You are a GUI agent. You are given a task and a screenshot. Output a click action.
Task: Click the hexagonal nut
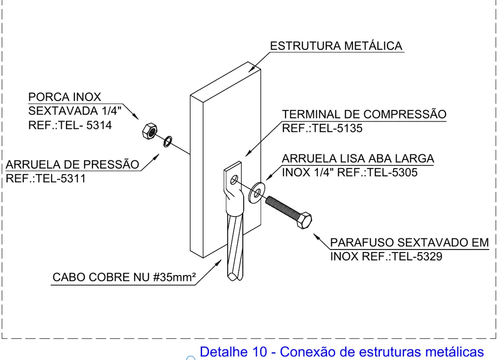150,131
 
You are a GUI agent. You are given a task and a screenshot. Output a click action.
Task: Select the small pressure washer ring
167,141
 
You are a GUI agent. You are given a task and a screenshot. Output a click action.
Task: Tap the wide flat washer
257,193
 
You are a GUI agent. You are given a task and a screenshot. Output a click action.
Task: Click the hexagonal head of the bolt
304,220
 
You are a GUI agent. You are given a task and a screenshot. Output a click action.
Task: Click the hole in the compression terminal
234,180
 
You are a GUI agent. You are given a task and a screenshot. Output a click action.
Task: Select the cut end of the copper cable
235,276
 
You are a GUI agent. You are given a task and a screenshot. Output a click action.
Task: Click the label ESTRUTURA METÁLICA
336,46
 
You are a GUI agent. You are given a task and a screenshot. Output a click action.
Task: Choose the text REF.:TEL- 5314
70,125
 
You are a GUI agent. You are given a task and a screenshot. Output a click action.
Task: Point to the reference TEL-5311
61,178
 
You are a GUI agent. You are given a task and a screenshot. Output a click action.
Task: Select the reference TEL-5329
417,256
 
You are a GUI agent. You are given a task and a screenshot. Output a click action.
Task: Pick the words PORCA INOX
64,97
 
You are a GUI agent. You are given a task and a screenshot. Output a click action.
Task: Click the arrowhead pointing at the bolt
316,237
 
